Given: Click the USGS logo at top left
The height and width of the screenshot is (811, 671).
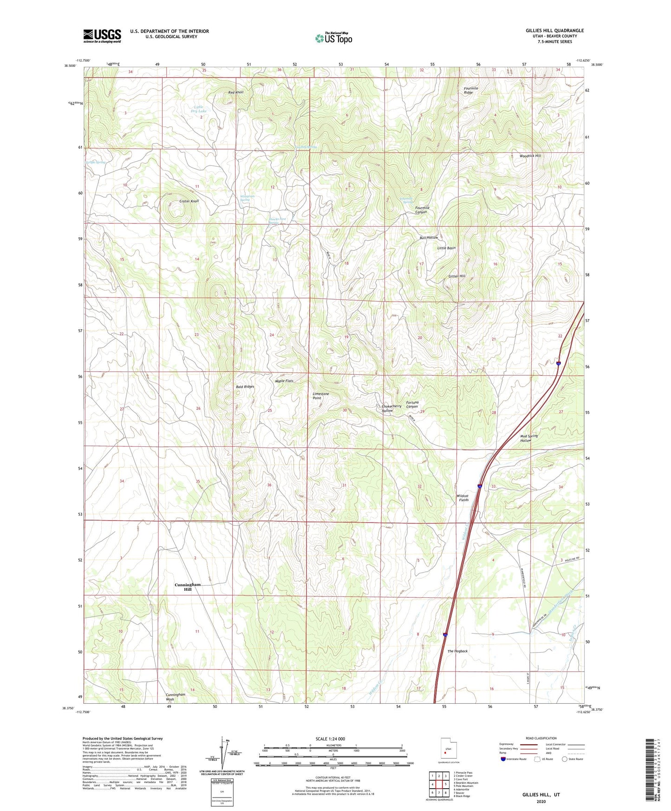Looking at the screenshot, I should (x=102, y=36).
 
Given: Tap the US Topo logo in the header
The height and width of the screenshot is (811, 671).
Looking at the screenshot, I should (x=334, y=38).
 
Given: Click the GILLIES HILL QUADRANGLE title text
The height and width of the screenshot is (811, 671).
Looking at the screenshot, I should (x=554, y=31).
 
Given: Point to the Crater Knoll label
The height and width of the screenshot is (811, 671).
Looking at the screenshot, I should (x=189, y=201).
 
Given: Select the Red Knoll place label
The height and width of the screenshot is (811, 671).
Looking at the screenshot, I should (x=236, y=92).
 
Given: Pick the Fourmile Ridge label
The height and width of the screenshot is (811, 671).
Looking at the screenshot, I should (x=470, y=90).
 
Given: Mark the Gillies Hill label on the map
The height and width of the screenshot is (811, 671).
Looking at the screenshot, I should (x=456, y=276).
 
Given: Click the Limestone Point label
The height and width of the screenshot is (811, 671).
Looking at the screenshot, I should (x=320, y=396).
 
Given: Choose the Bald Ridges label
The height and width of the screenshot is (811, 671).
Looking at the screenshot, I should (x=245, y=386).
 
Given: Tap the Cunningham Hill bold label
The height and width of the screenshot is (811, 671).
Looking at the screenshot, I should (x=188, y=587).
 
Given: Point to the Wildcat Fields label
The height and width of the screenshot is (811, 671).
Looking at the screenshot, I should (x=463, y=498).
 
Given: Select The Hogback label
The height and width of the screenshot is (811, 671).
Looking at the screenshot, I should (x=457, y=651).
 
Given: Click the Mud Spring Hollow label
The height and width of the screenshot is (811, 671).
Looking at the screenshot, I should (x=528, y=438).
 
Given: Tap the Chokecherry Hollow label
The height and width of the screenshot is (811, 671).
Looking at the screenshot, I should (x=391, y=408).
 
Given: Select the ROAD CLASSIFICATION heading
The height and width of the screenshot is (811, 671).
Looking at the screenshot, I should (x=541, y=738).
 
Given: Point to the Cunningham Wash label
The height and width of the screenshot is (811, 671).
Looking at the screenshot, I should (x=176, y=697).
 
